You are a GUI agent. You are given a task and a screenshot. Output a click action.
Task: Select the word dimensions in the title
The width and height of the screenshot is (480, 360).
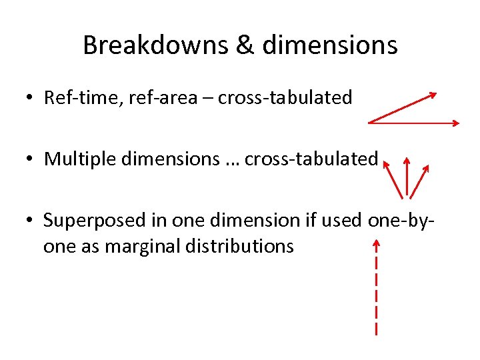click(x=330, y=45)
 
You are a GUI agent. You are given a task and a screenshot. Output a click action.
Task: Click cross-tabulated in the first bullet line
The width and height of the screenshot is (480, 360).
click(x=285, y=98)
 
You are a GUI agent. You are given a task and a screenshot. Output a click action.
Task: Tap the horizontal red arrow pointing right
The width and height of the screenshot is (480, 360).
click(x=413, y=123)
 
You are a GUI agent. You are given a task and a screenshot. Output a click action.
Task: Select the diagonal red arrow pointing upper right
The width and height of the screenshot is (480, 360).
click(x=403, y=107)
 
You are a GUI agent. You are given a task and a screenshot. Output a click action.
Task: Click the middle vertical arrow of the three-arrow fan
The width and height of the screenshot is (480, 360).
click(x=407, y=177)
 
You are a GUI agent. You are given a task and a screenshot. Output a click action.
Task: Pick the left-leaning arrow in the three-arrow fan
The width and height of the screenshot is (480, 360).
click(x=394, y=178)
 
